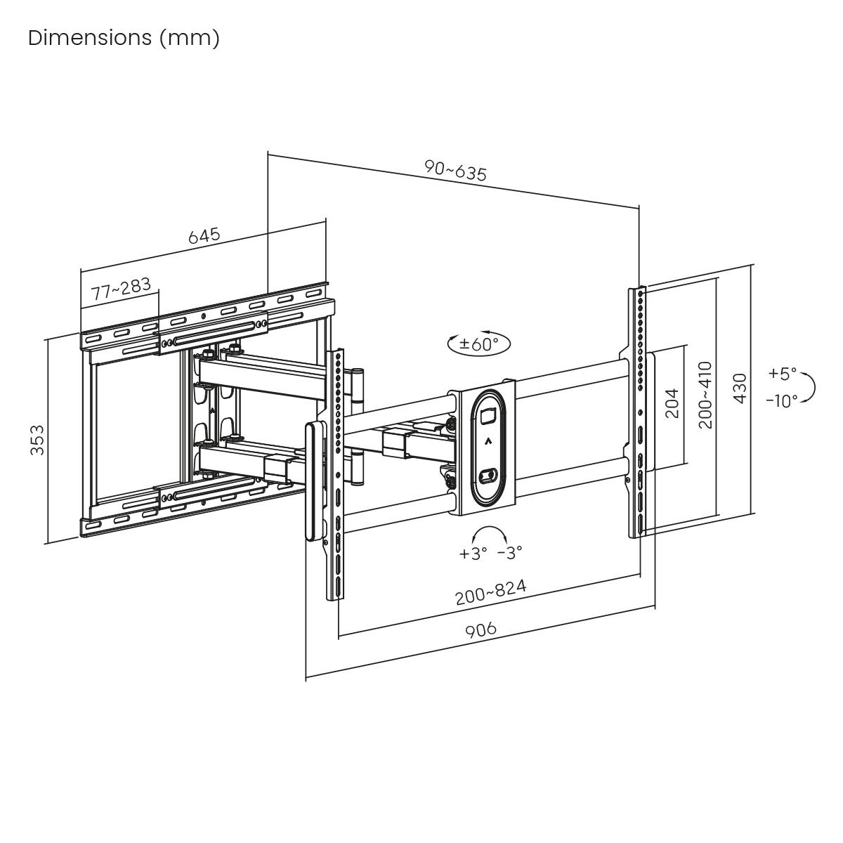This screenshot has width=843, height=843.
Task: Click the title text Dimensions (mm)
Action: [x=124, y=37]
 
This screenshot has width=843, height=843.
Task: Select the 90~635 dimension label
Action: [x=455, y=171]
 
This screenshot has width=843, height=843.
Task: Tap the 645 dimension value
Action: [x=204, y=235]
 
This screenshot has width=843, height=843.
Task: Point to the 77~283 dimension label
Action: [x=120, y=289]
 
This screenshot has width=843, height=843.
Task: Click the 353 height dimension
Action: [x=37, y=440]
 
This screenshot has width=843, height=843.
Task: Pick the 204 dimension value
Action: [x=672, y=403]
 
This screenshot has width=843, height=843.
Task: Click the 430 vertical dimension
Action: [x=740, y=388]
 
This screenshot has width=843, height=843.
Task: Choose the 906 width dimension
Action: [x=481, y=629]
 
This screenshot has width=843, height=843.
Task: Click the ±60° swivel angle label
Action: [x=479, y=344]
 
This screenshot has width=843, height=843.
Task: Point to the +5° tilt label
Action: [x=783, y=373]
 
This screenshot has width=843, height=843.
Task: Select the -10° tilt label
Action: [x=782, y=400]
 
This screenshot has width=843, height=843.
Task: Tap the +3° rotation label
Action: [x=473, y=554]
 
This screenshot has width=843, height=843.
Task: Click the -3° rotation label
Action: [x=509, y=554]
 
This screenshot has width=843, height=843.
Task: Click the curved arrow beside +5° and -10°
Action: [x=809, y=387]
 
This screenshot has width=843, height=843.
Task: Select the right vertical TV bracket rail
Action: [x=638, y=411]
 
